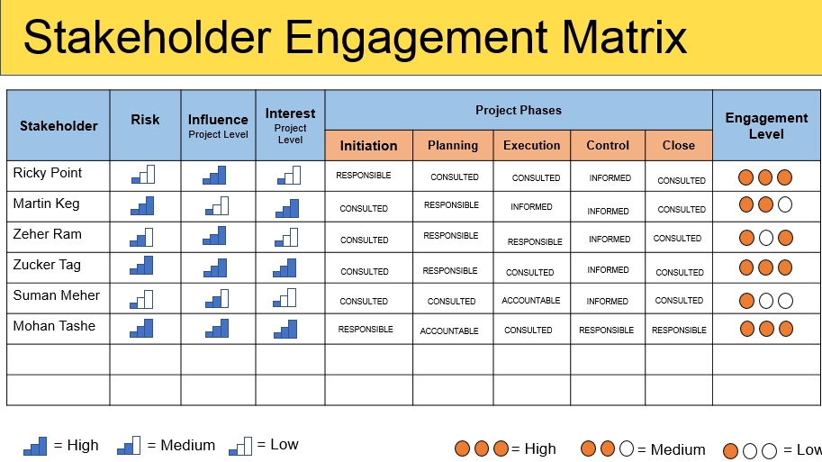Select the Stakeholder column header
pyautogui.click(x=59, y=126)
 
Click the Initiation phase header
pyautogui.click(x=368, y=146)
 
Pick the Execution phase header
pyautogui.click(x=531, y=146)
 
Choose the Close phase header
pyautogui.click(x=678, y=146)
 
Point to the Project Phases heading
pyautogui.click(x=518, y=111)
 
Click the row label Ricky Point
pyautogui.click(x=48, y=173)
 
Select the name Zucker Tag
pyautogui.click(x=47, y=265)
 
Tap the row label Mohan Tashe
pyautogui.click(x=54, y=326)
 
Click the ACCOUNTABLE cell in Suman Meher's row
pyautogui.click(x=531, y=301)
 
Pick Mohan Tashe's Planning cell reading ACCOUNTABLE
pyautogui.click(x=449, y=331)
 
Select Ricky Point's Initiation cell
pyautogui.click(x=364, y=176)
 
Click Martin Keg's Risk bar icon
pyautogui.click(x=142, y=206)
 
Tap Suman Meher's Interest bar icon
pyautogui.click(x=287, y=297)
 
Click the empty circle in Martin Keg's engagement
pyautogui.click(x=784, y=204)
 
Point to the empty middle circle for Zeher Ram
pyautogui.click(x=765, y=239)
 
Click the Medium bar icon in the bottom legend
pyautogui.click(x=129, y=445)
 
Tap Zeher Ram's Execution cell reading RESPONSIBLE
pyautogui.click(x=535, y=241)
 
